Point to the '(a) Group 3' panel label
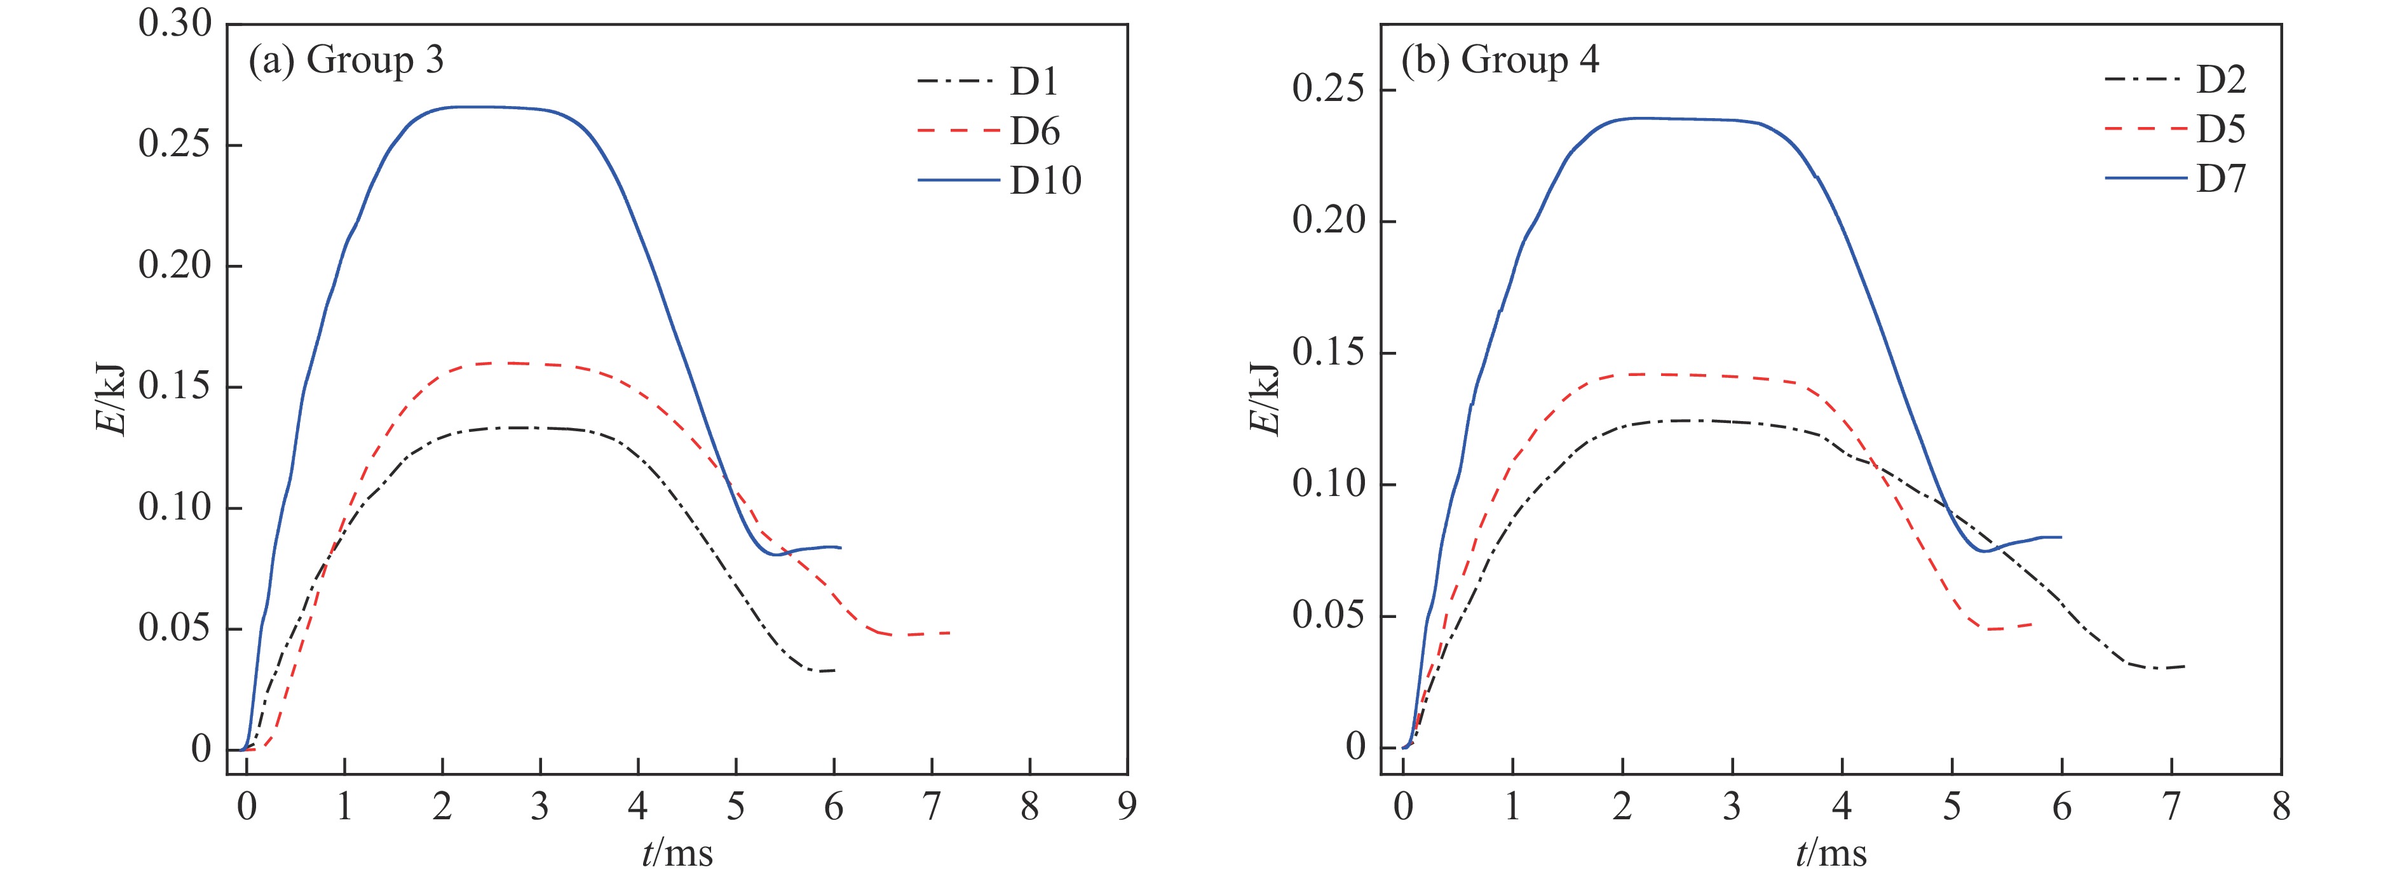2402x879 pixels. pos(345,60)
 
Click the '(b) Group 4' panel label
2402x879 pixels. pos(1500,60)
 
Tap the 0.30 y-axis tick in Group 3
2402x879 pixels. pos(175,24)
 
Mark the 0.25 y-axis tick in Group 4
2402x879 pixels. pos(1329,90)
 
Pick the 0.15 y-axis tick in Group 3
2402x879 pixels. pos(175,387)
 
